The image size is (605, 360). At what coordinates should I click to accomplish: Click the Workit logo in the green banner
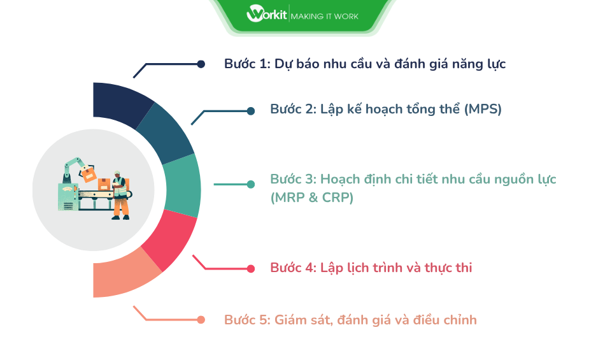[x=266, y=14]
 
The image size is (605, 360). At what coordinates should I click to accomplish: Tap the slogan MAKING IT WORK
[x=324, y=15]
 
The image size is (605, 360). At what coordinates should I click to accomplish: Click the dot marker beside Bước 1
[x=201, y=64]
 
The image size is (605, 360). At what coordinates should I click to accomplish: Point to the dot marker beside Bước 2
[x=250, y=110]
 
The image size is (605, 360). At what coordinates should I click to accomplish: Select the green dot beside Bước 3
[x=251, y=184]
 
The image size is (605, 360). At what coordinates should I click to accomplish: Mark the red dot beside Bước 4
[x=251, y=268]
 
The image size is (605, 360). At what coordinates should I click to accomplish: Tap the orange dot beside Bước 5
[x=201, y=320]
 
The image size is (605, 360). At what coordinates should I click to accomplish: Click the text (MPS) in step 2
[x=483, y=109]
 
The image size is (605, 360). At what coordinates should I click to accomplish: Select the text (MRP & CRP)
[x=311, y=198]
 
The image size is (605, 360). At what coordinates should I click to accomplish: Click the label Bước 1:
[x=247, y=64]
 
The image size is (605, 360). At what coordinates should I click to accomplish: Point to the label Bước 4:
[x=293, y=268]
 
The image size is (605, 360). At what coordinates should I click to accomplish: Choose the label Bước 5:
[x=247, y=320]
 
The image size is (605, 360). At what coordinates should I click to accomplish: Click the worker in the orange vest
[x=119, y=194]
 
